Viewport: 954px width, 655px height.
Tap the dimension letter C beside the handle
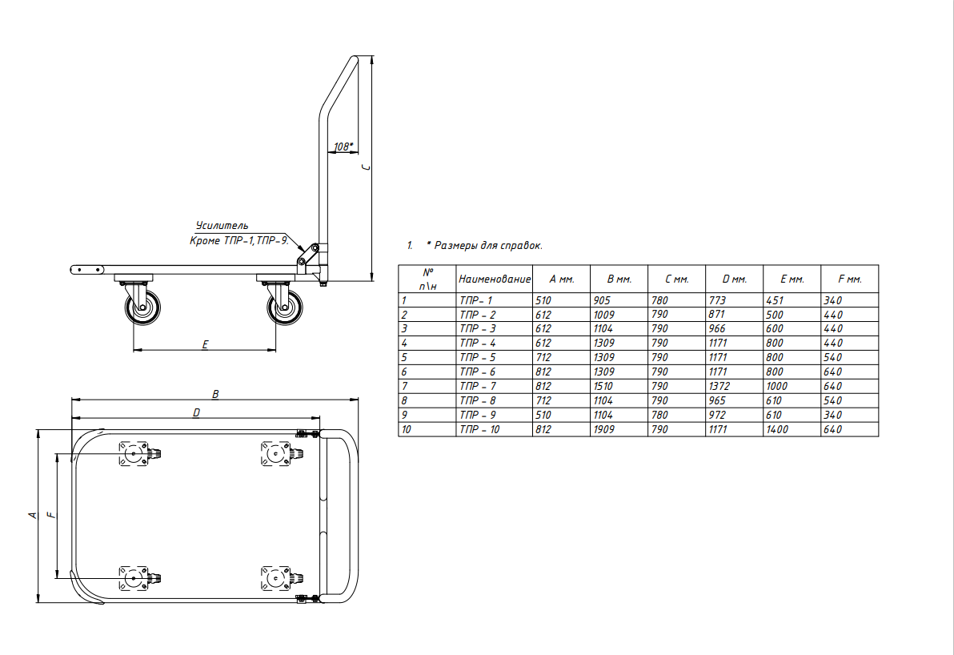[366, 167]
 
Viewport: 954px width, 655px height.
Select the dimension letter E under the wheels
[205, 344]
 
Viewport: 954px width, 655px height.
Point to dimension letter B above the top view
[215, 395]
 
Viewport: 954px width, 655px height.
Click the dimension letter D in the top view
[197, 412]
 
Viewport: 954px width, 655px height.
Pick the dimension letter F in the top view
[52, 515]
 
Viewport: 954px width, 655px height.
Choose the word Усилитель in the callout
[222, 226]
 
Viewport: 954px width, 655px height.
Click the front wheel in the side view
[143, 307]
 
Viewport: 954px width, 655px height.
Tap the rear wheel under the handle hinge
[285, 307]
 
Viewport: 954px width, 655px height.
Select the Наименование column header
[495, 279]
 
